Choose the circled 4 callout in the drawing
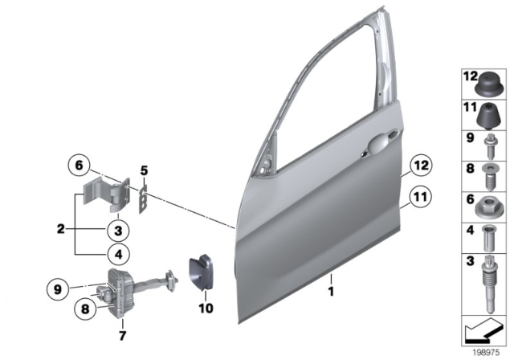pyautogui.click(x=116, y=255)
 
